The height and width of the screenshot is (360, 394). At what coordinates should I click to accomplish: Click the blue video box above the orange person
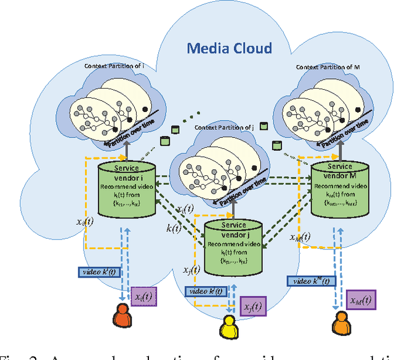click(99, 271)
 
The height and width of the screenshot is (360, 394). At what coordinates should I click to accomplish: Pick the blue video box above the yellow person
click(207, 290)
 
